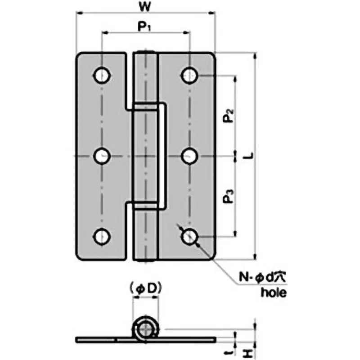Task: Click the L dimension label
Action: pos(247,156)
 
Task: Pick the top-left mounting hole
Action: pos(102,75)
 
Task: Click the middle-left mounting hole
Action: pos(102,156)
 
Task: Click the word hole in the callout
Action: pos(273,293)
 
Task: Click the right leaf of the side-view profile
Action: pos(189,338)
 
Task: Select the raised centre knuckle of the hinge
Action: pos(147,156)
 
